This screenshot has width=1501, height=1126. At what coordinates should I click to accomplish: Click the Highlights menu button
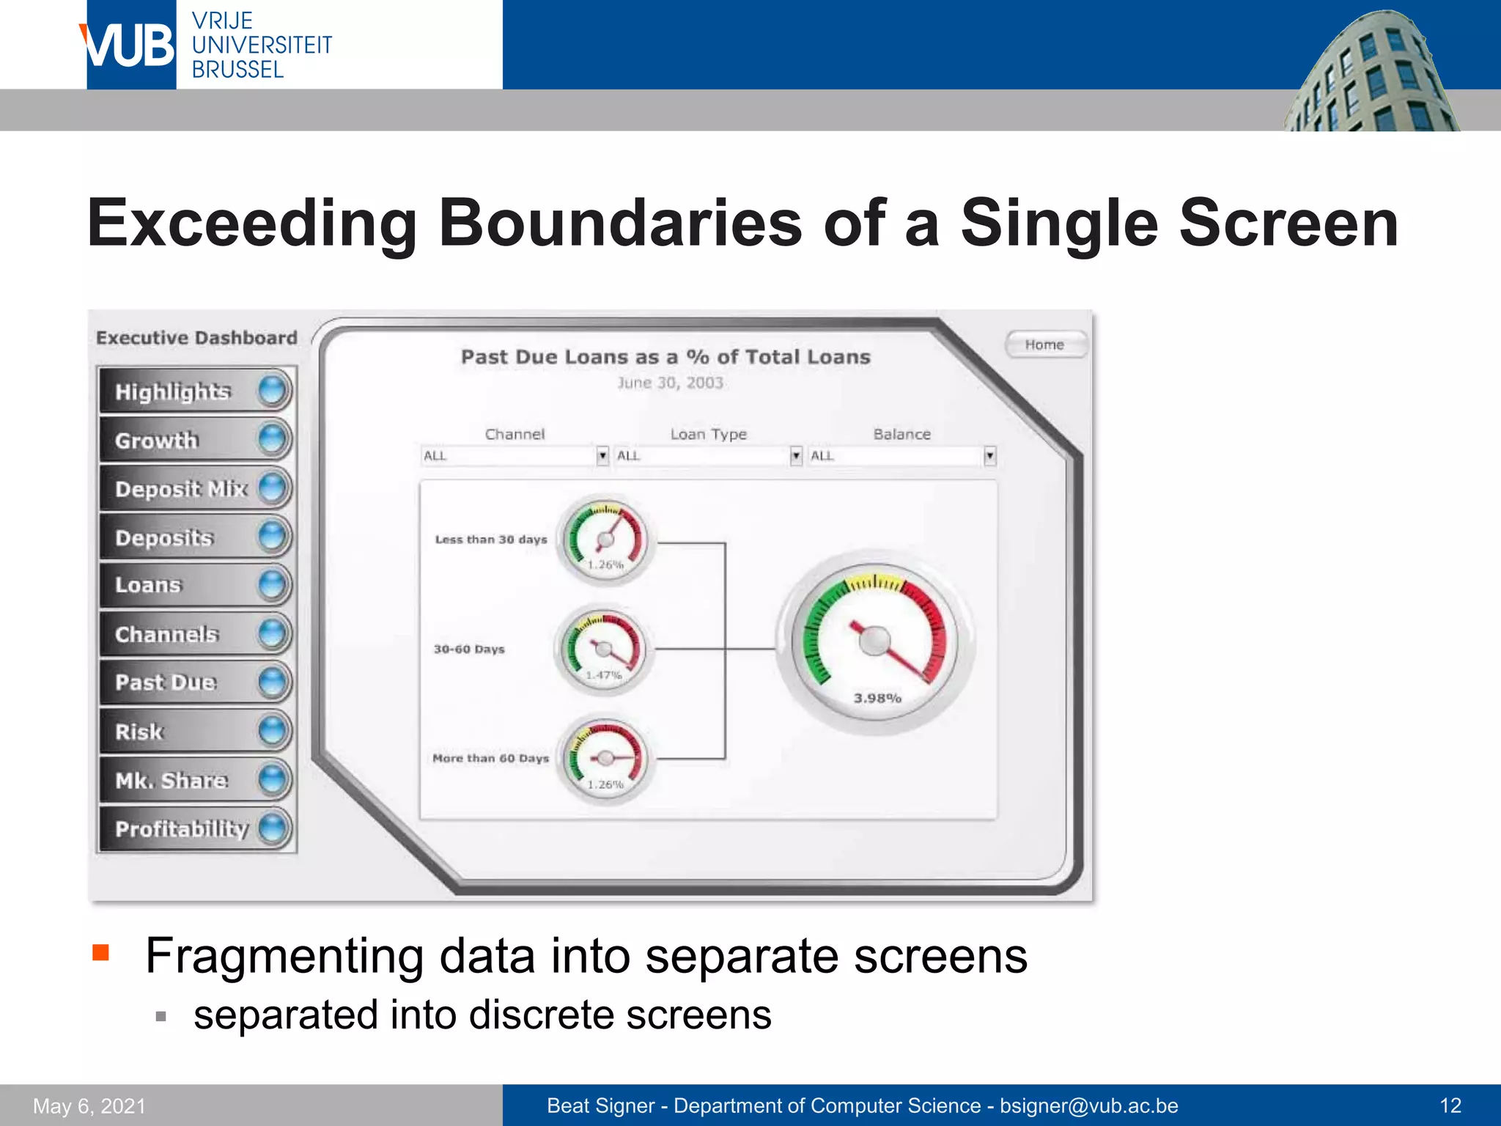point(195,391)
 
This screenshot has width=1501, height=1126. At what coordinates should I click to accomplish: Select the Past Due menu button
point(195,682)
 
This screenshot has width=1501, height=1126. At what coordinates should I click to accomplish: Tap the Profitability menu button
point(195,828)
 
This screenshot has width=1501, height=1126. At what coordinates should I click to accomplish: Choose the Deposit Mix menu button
point(195,488)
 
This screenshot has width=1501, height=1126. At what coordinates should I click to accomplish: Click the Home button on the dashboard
point(1044,345)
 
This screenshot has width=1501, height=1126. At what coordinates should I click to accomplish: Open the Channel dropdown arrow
point(602,456)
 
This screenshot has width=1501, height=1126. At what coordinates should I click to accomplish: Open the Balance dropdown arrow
point(989,456)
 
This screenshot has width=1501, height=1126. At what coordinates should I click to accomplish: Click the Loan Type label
point(708,434)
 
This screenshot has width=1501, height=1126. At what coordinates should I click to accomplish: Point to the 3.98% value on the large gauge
point(877,698)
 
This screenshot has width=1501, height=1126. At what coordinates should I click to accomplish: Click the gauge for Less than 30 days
point(605,540)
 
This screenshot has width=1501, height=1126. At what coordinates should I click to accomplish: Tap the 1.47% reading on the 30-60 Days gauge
point(604,674)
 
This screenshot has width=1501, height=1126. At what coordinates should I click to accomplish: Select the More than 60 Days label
point(490,758)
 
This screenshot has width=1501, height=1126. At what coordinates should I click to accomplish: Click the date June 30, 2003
point(670,383)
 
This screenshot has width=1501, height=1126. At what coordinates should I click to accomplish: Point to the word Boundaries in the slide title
point(620,223)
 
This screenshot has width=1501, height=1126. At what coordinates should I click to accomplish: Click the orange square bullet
point(101,952)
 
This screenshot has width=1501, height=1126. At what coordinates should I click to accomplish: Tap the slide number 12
point(1450,1105)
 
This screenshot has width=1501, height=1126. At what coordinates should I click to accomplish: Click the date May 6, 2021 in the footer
point(89,1105)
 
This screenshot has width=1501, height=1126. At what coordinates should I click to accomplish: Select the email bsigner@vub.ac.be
point(1088,1105)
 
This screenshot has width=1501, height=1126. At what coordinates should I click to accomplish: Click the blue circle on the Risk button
point(273,731)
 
